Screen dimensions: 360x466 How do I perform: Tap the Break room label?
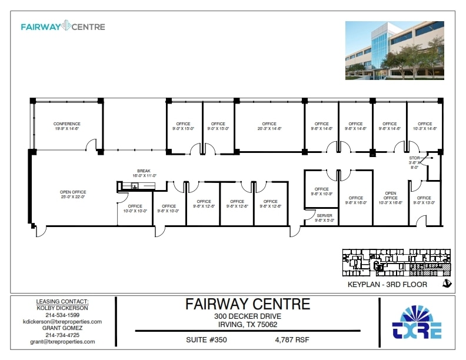(144, 173)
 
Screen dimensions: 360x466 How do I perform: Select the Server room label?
(324, 218)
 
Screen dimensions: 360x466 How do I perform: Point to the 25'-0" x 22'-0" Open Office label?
(72, 195)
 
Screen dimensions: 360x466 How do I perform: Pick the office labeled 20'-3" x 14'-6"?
(269, 126)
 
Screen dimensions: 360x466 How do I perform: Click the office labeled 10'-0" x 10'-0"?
(135, 208)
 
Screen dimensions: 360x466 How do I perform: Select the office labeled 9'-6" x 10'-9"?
(321, 191)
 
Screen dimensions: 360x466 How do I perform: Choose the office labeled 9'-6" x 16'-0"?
(356, 201)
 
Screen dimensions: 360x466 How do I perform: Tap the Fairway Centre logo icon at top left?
(66, 26)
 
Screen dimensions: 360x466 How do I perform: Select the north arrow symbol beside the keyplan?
(447, 284)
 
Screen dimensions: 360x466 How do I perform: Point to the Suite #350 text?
(207, 339)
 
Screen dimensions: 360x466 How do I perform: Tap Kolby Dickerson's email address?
(62, 322)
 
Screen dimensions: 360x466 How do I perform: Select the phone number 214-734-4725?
(62, 335)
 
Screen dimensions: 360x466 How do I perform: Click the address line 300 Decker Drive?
(247, 317)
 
